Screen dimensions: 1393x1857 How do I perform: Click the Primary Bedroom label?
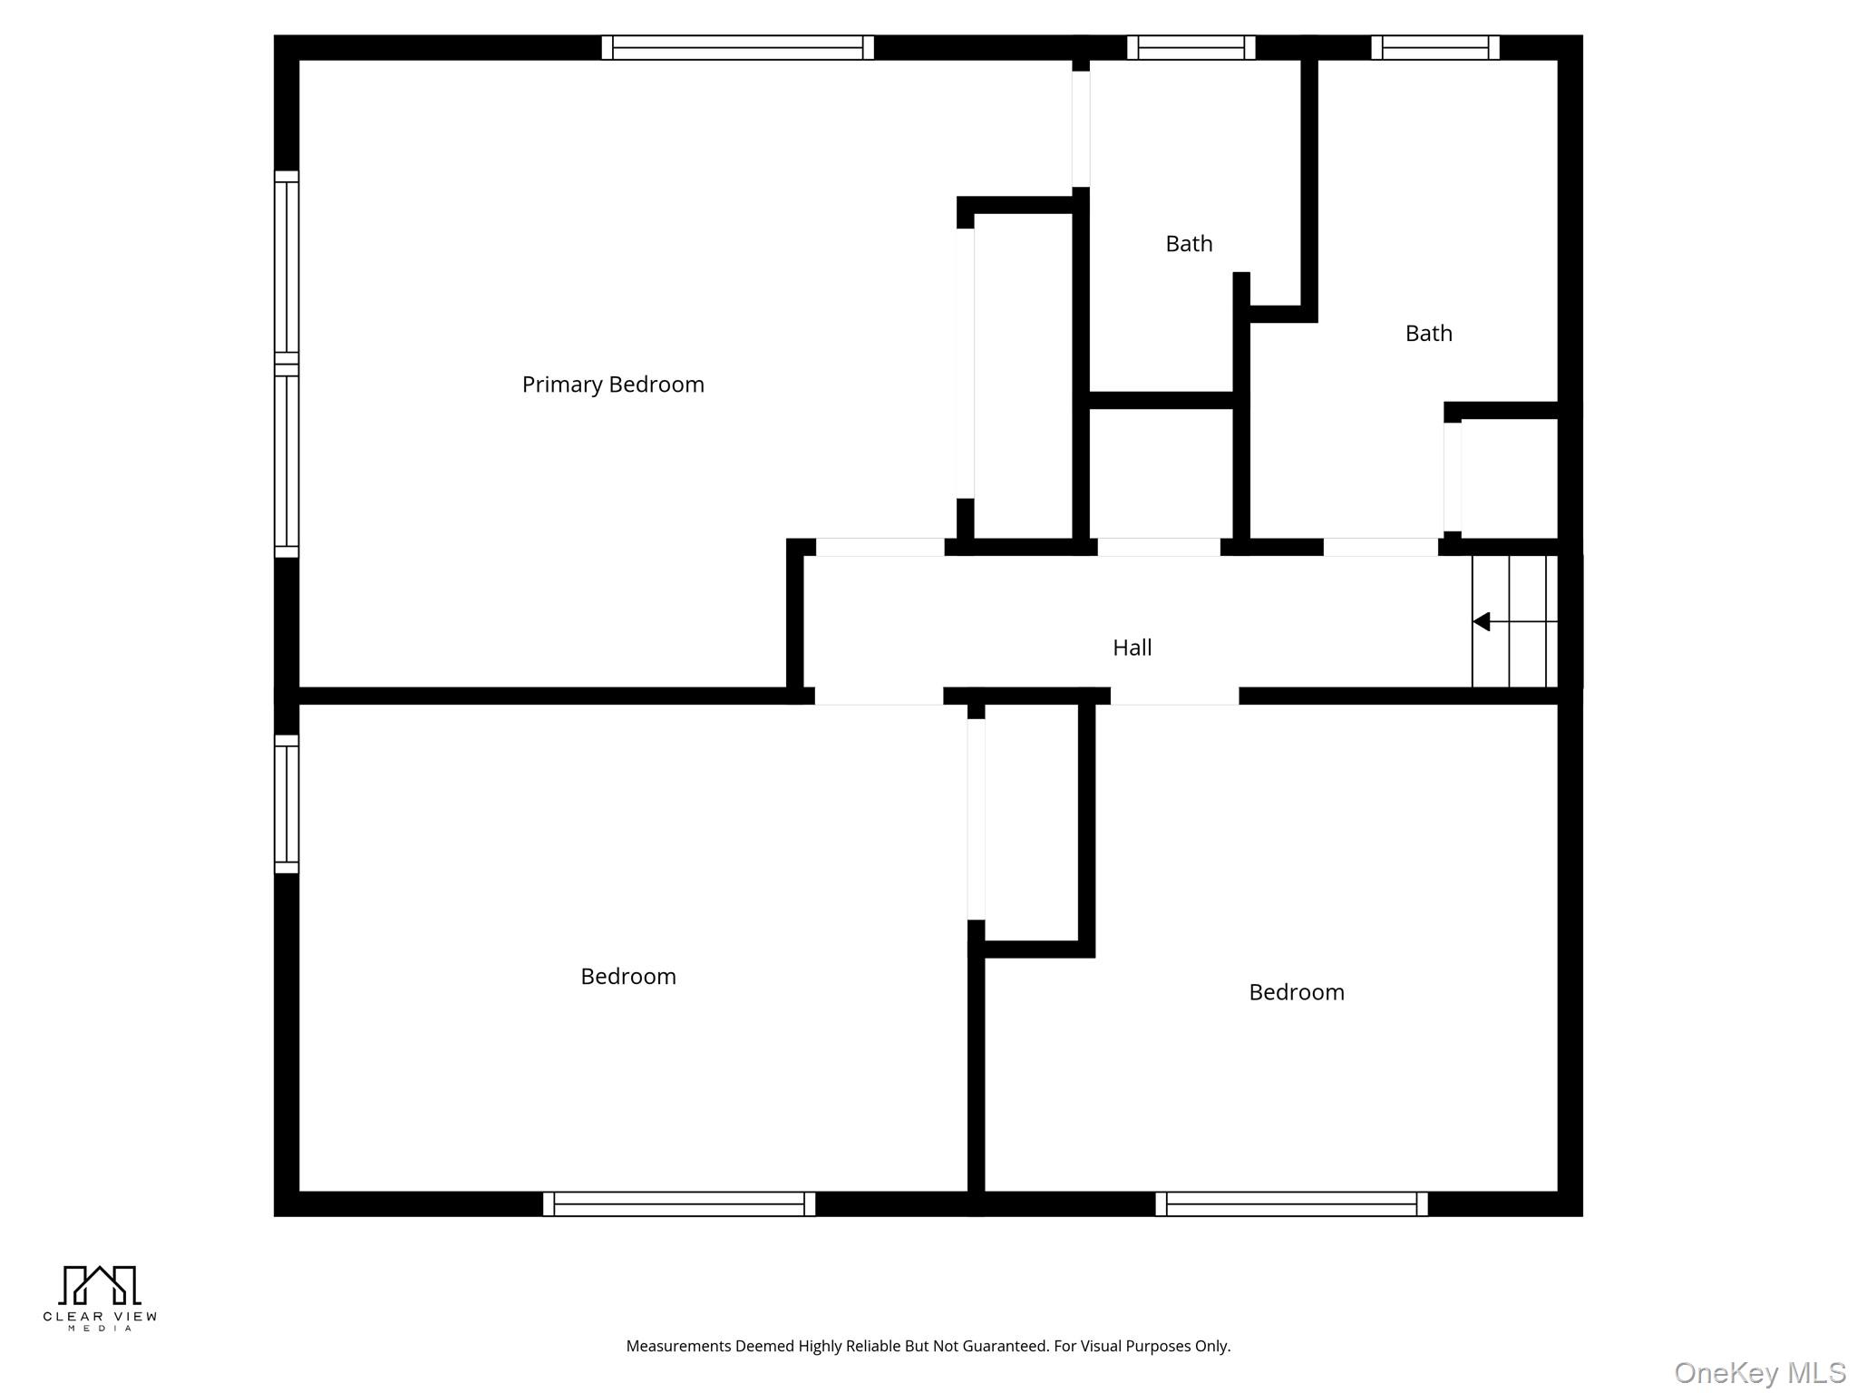612,385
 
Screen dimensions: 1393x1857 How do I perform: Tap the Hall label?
1132,648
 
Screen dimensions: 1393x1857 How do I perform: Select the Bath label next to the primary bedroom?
1188,244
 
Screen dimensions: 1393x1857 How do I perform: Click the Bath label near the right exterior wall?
1428,334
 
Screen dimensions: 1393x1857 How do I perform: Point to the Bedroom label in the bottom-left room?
627,977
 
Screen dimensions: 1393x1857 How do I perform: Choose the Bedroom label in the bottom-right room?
1296,992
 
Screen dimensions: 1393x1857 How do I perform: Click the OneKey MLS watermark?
1759,1373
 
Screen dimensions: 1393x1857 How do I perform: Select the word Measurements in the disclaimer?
678,1347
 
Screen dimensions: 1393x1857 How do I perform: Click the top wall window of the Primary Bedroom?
737,47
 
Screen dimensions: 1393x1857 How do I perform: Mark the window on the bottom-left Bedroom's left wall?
287,804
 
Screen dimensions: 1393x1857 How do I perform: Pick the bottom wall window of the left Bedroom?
678,1203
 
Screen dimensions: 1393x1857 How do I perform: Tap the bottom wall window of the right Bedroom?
1291,1203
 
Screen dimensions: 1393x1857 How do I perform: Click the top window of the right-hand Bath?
1434,47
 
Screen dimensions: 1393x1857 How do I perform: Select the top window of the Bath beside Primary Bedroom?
1191,47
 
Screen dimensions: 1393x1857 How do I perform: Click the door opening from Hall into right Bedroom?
1174,696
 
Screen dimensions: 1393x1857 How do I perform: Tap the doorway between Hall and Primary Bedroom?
880,547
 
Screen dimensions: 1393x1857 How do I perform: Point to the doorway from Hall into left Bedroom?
878,696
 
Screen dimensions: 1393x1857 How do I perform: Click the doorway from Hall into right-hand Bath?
1380,547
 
